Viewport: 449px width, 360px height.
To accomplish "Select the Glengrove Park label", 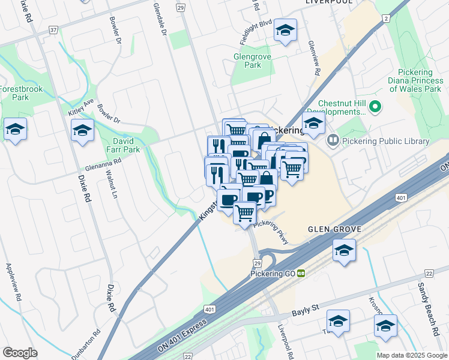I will click(252, 61).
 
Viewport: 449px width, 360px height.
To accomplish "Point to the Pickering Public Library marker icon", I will click(333, 141).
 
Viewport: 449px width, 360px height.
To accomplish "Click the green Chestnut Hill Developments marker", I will click(376, 107).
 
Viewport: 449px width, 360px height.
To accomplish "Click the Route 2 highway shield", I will click(384, 19).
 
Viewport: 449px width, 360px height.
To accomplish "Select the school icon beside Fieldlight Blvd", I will click(285, 30).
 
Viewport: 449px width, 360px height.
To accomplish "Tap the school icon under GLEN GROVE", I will click(344, 250).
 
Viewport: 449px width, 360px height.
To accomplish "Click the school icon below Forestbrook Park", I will click(15, 129).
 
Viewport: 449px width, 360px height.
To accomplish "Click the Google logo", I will click(20, 353).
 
